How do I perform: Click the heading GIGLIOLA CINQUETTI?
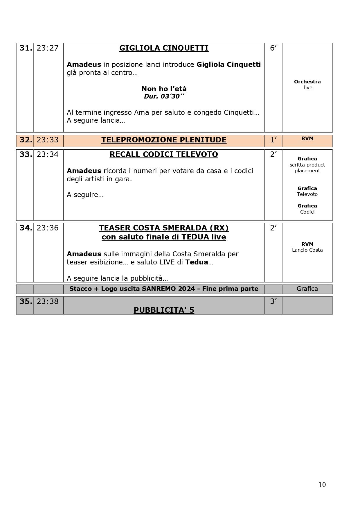(x=164, y=48)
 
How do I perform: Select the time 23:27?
(x=48, y=48)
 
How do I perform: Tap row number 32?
(x=26, y=140)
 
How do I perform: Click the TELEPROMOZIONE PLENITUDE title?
(x=164, y=140)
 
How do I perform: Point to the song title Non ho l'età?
(x=164, y=89)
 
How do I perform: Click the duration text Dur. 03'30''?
(x=164, y=96)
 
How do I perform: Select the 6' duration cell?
(x=273, y=48)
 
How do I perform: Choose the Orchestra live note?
(x=307, y=85)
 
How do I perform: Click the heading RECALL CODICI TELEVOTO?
(x=164, y=155)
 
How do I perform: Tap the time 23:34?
(x=48, y=155)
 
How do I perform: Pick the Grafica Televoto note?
(x=307, y=191)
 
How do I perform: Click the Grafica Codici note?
(x=307, y=209)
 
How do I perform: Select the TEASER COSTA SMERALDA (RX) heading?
(x=164, y=228)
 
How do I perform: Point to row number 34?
(x=26, y=228)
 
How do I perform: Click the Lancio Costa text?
(x=307, y=250)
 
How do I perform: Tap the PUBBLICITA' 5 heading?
(x=164, y=310)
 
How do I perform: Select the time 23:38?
(x=48, y=302)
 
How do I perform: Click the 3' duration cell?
(x=273, y=302)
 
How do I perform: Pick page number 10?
(x=322, y=485)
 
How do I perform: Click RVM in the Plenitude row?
(x=307, y=139)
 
